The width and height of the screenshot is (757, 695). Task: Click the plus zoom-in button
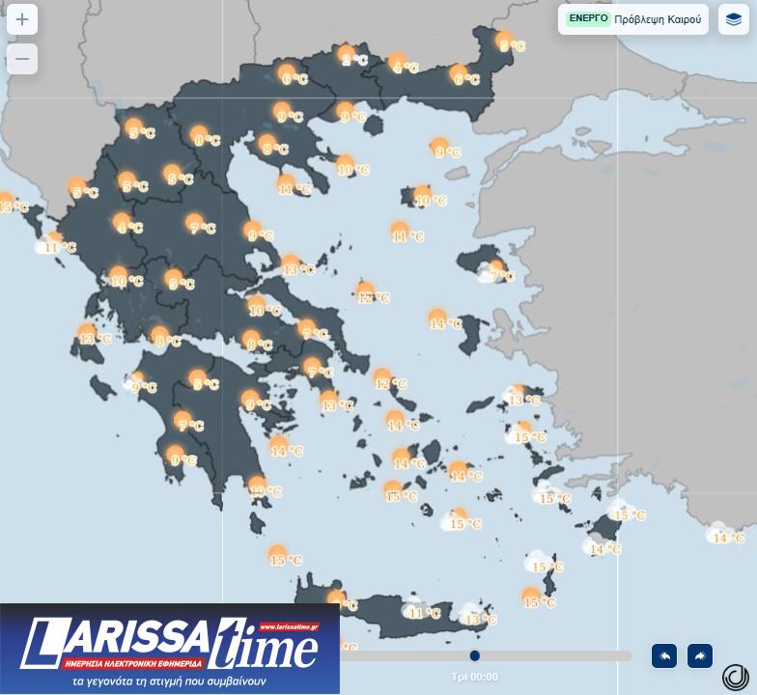pyautogui.click(x=22, y=19)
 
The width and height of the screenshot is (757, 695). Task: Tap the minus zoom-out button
pyautogui.click(x=22, y=59)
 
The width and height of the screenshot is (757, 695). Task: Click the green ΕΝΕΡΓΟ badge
pyautogui.click(x=588, y=18)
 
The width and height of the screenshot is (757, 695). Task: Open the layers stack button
pyautogui.click(x=734, y=19)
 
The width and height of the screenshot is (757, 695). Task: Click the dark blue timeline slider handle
pyautogui.click(x=475, y=655)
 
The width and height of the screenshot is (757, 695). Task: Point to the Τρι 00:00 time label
pyautogui.click(x=474, y=678)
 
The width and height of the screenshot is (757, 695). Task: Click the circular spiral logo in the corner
pyautogui.click(x=735, y=677)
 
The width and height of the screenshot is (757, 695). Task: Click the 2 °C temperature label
pyautogui.click(x=355, y=60)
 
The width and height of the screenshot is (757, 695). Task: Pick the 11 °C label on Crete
pyautogui.click(x=424, y=613)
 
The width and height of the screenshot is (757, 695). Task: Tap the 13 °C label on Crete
pyautogui.click(x=480, y=620)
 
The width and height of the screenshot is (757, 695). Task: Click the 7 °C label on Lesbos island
pyautogui.click(x=503, y=277)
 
